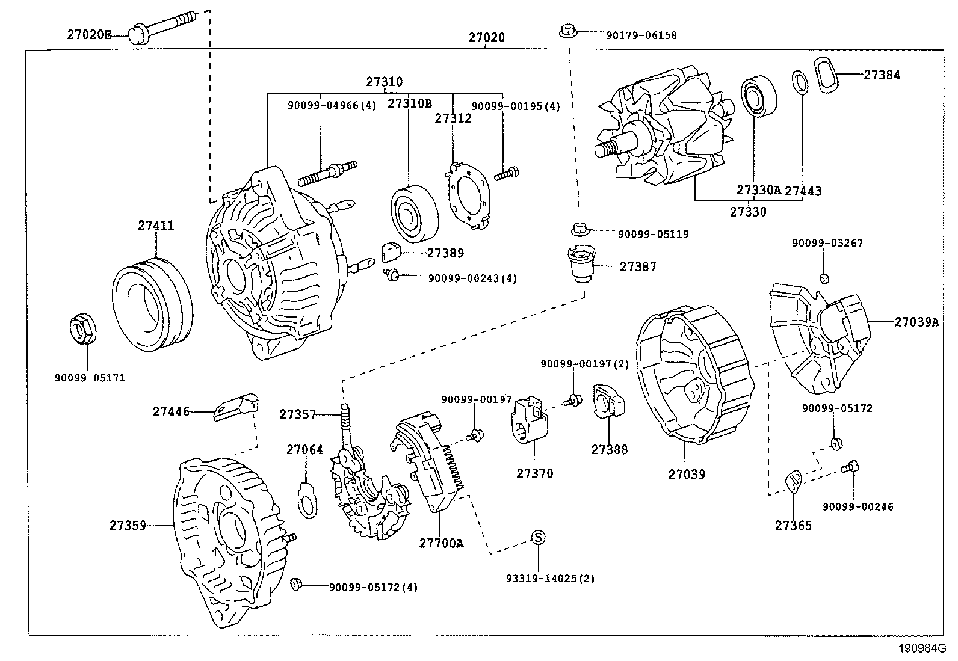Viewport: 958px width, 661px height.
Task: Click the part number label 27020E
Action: (88, 35)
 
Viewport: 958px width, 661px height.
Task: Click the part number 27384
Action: (882, 75)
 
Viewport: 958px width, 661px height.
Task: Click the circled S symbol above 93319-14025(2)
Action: (537, 537)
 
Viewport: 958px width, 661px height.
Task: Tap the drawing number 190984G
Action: (922, 648)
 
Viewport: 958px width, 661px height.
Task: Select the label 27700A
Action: (441, 543)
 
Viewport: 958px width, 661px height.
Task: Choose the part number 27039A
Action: (916, 322)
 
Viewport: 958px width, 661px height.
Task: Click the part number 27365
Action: (793, 525)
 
